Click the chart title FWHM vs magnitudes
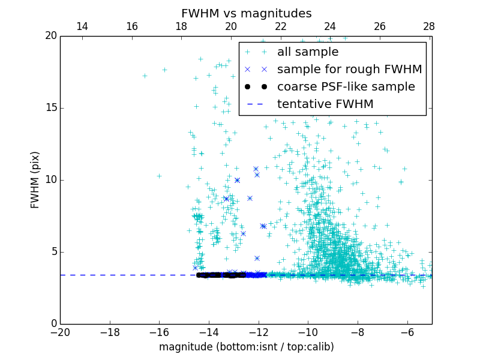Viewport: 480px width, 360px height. pyautogui.click(x=246, y=13)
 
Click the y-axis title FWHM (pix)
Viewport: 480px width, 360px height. pyautogui.click(x=35, y=180)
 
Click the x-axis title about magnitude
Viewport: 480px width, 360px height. pyautogui.click(x=246, y=347)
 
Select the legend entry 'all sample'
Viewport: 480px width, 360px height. pyautogui.click(x=308, y=52)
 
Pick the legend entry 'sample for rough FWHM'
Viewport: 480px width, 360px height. pyautogui.click(x=349, y=70)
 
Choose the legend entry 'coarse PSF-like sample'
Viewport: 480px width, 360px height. pyautogui.click(x=346, y=87)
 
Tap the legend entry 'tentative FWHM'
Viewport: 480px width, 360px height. pyautogui.click(x=325, y=104)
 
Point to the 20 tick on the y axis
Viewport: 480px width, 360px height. pyautogui.click(x=50, y=36)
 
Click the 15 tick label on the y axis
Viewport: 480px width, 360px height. pyautogui.click(x=50, y=108)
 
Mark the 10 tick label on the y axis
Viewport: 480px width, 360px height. pyautogui.click(x=50, y=180)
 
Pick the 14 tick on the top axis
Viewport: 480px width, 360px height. pyautogui.click(x=82, y=26)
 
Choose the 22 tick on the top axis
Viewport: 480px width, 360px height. pyautogui.click(x=280, y=26)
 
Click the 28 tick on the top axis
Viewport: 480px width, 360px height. pyautogui.click(x=429, y=26)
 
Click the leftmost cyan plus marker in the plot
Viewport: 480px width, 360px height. pyautogui.click(x=145, y=76)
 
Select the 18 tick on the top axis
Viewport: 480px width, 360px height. pyautogui.click(x=181, y=26)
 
